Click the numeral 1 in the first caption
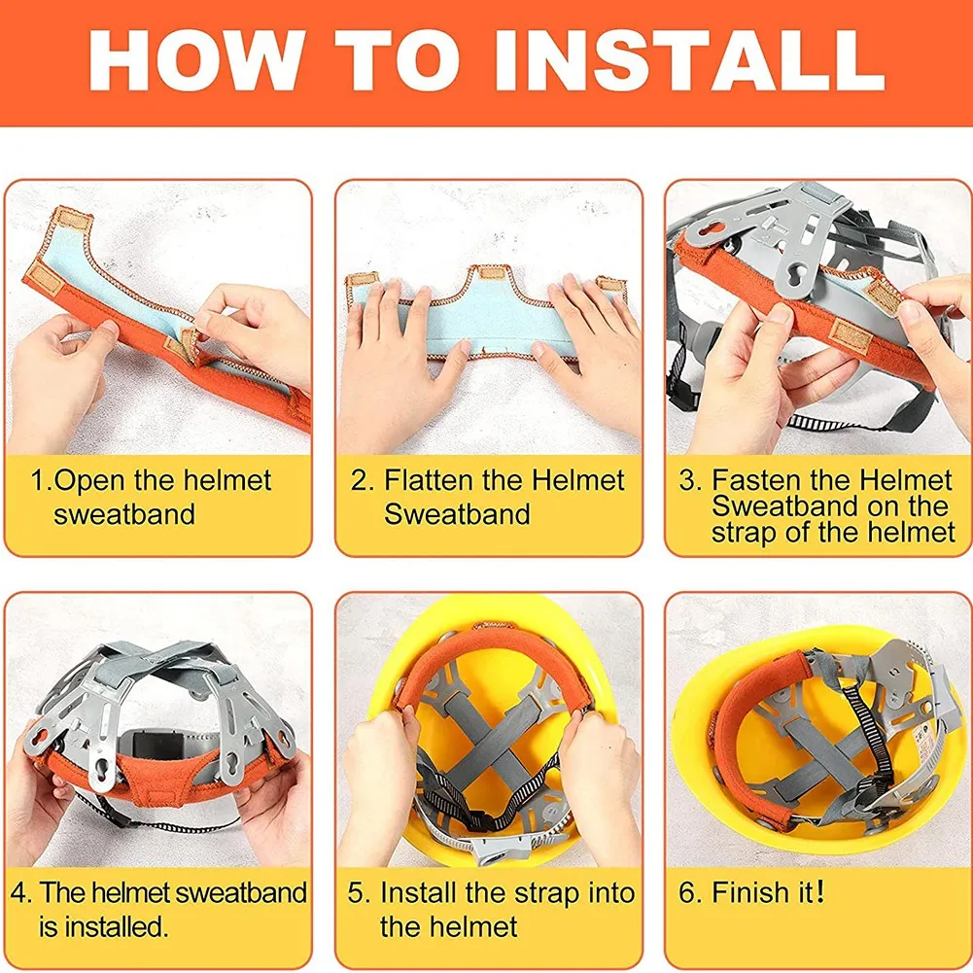pyautogui.click(x=37, y=480)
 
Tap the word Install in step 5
pyautogui.click(x=419, y=893)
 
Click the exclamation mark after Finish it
pyautogui.click(x=820, y=892)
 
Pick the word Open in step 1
pyautogui.click(x=91, y=481)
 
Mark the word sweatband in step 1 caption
pyautogui.click(x=124, y=514)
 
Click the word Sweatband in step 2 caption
pyautogui.click(x=457, y=514)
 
